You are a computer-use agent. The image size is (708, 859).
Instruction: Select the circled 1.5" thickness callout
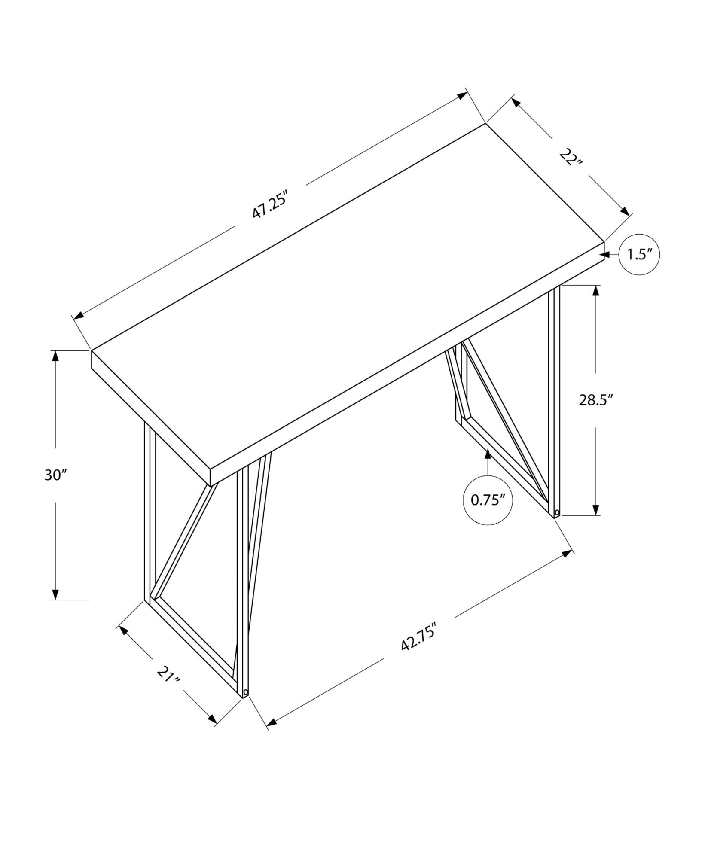[x=639, y=255]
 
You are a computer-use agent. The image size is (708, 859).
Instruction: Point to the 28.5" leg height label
[x=595, y=400]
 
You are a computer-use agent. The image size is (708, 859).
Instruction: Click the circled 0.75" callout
[x=488, y=500]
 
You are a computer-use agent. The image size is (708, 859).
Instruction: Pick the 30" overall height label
[x=56, y=475]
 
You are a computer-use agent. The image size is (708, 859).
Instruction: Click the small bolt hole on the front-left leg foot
[x=245, y=704]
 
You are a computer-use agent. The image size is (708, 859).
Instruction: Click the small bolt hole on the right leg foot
[x=557, y=512]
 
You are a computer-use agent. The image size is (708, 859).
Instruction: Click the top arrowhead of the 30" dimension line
[x=55, y=356]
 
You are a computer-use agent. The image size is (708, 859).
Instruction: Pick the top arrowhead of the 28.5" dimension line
[x=596, y=290]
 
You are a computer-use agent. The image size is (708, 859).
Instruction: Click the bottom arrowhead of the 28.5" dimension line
[x=596, y=510]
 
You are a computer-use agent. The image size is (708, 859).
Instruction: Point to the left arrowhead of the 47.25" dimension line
[x=78, y=316]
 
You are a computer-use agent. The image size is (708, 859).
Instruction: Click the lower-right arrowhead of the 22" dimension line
[x=625, y=211]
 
